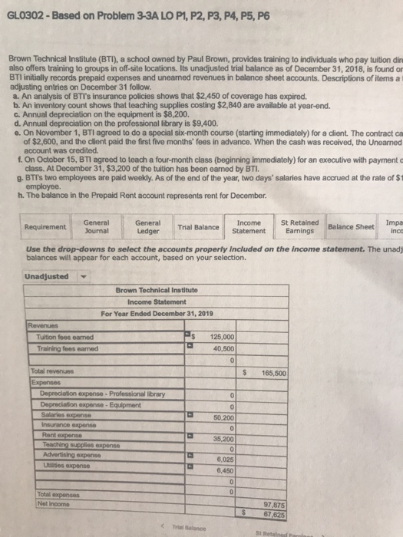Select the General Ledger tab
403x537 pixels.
147,206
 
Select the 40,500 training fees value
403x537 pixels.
226,348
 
